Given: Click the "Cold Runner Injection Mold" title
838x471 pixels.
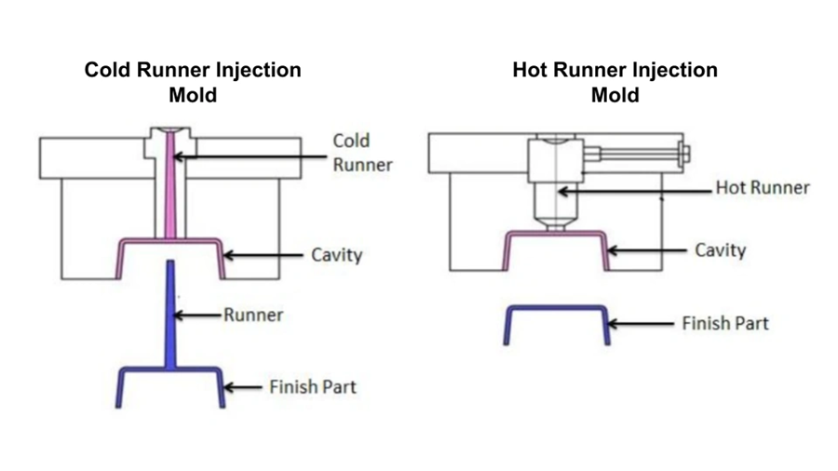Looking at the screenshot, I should (x=193, y=81).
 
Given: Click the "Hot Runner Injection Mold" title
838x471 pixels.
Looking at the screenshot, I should (x=615, y=81).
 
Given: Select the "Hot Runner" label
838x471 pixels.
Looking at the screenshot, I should (x=762, y=188).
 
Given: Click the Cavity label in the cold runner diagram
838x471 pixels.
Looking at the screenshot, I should (x=335, y=254).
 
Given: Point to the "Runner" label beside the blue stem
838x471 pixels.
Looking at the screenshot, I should (x=252, y=315).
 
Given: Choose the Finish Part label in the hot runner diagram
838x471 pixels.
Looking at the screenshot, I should (x=725, y=324).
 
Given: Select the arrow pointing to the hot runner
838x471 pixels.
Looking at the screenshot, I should (x=633, y=190).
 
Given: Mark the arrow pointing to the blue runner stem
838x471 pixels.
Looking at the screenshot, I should (x=196, y=316).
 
